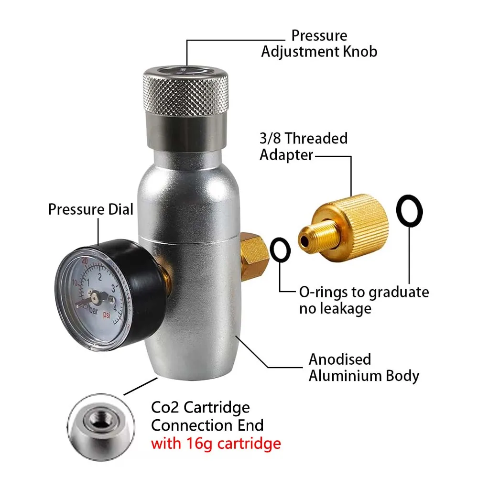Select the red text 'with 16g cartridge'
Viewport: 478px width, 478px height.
216,444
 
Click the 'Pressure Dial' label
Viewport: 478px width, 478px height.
91,209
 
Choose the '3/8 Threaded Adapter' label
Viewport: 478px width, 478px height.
304,146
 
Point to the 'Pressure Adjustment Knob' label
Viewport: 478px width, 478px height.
319,43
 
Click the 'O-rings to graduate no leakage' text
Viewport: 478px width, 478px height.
364,300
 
